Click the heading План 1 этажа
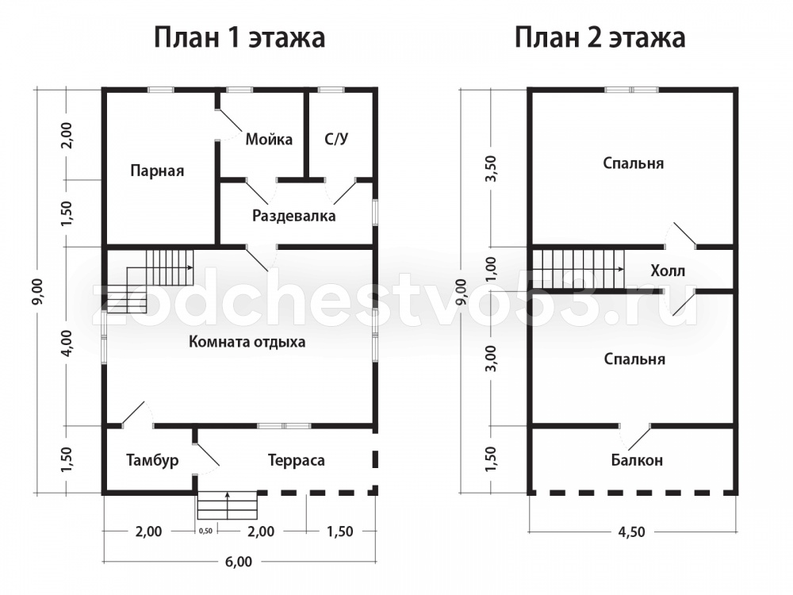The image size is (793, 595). coord(239,38)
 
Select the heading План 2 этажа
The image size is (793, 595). coord(600,38)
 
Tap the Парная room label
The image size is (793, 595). coord(157,171)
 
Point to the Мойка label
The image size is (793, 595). coord(269,139)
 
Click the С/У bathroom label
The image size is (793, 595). coord(336,139)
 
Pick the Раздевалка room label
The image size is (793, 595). coord(294,216)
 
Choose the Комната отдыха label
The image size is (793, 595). coord(247,342)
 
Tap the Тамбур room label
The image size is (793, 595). coord(152,460)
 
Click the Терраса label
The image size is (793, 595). coord(297,460)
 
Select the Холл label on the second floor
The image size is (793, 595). coord(668,271)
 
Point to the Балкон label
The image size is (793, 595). coord(637,460)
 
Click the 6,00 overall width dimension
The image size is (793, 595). coord(239,562)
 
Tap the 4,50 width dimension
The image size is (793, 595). coord(632,532)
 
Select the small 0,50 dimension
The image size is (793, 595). coord(206,532)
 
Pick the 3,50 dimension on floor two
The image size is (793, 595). coord(491,168)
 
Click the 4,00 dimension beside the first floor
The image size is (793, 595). coord(67,344)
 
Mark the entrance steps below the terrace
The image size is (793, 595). coord(228,505)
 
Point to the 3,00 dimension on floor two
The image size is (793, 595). coord(491,359)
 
